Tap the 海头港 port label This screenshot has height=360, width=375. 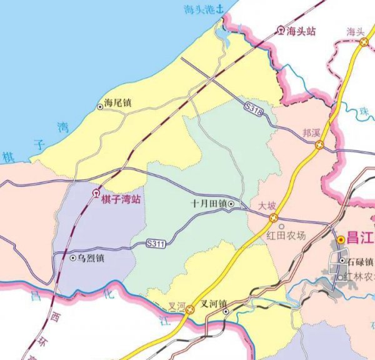tap(198, 9)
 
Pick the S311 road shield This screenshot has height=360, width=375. tap(156, 243)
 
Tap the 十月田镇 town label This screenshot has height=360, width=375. tap(209, 204)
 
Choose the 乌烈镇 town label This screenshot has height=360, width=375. tap(91, 257)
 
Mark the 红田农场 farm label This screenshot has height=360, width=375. tap(286, 235)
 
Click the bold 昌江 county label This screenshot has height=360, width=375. tap(361, 239)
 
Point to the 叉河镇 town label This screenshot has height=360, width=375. tap(213, 306)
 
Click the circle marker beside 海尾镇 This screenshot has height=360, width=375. tap(100, 107)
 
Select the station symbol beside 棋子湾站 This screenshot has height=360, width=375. tap(96, 194)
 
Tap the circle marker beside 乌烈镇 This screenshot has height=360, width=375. tap(72, 257)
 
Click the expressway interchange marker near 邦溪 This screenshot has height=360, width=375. tap(319, 145)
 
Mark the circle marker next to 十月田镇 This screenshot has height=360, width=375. tap(231, 204)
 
